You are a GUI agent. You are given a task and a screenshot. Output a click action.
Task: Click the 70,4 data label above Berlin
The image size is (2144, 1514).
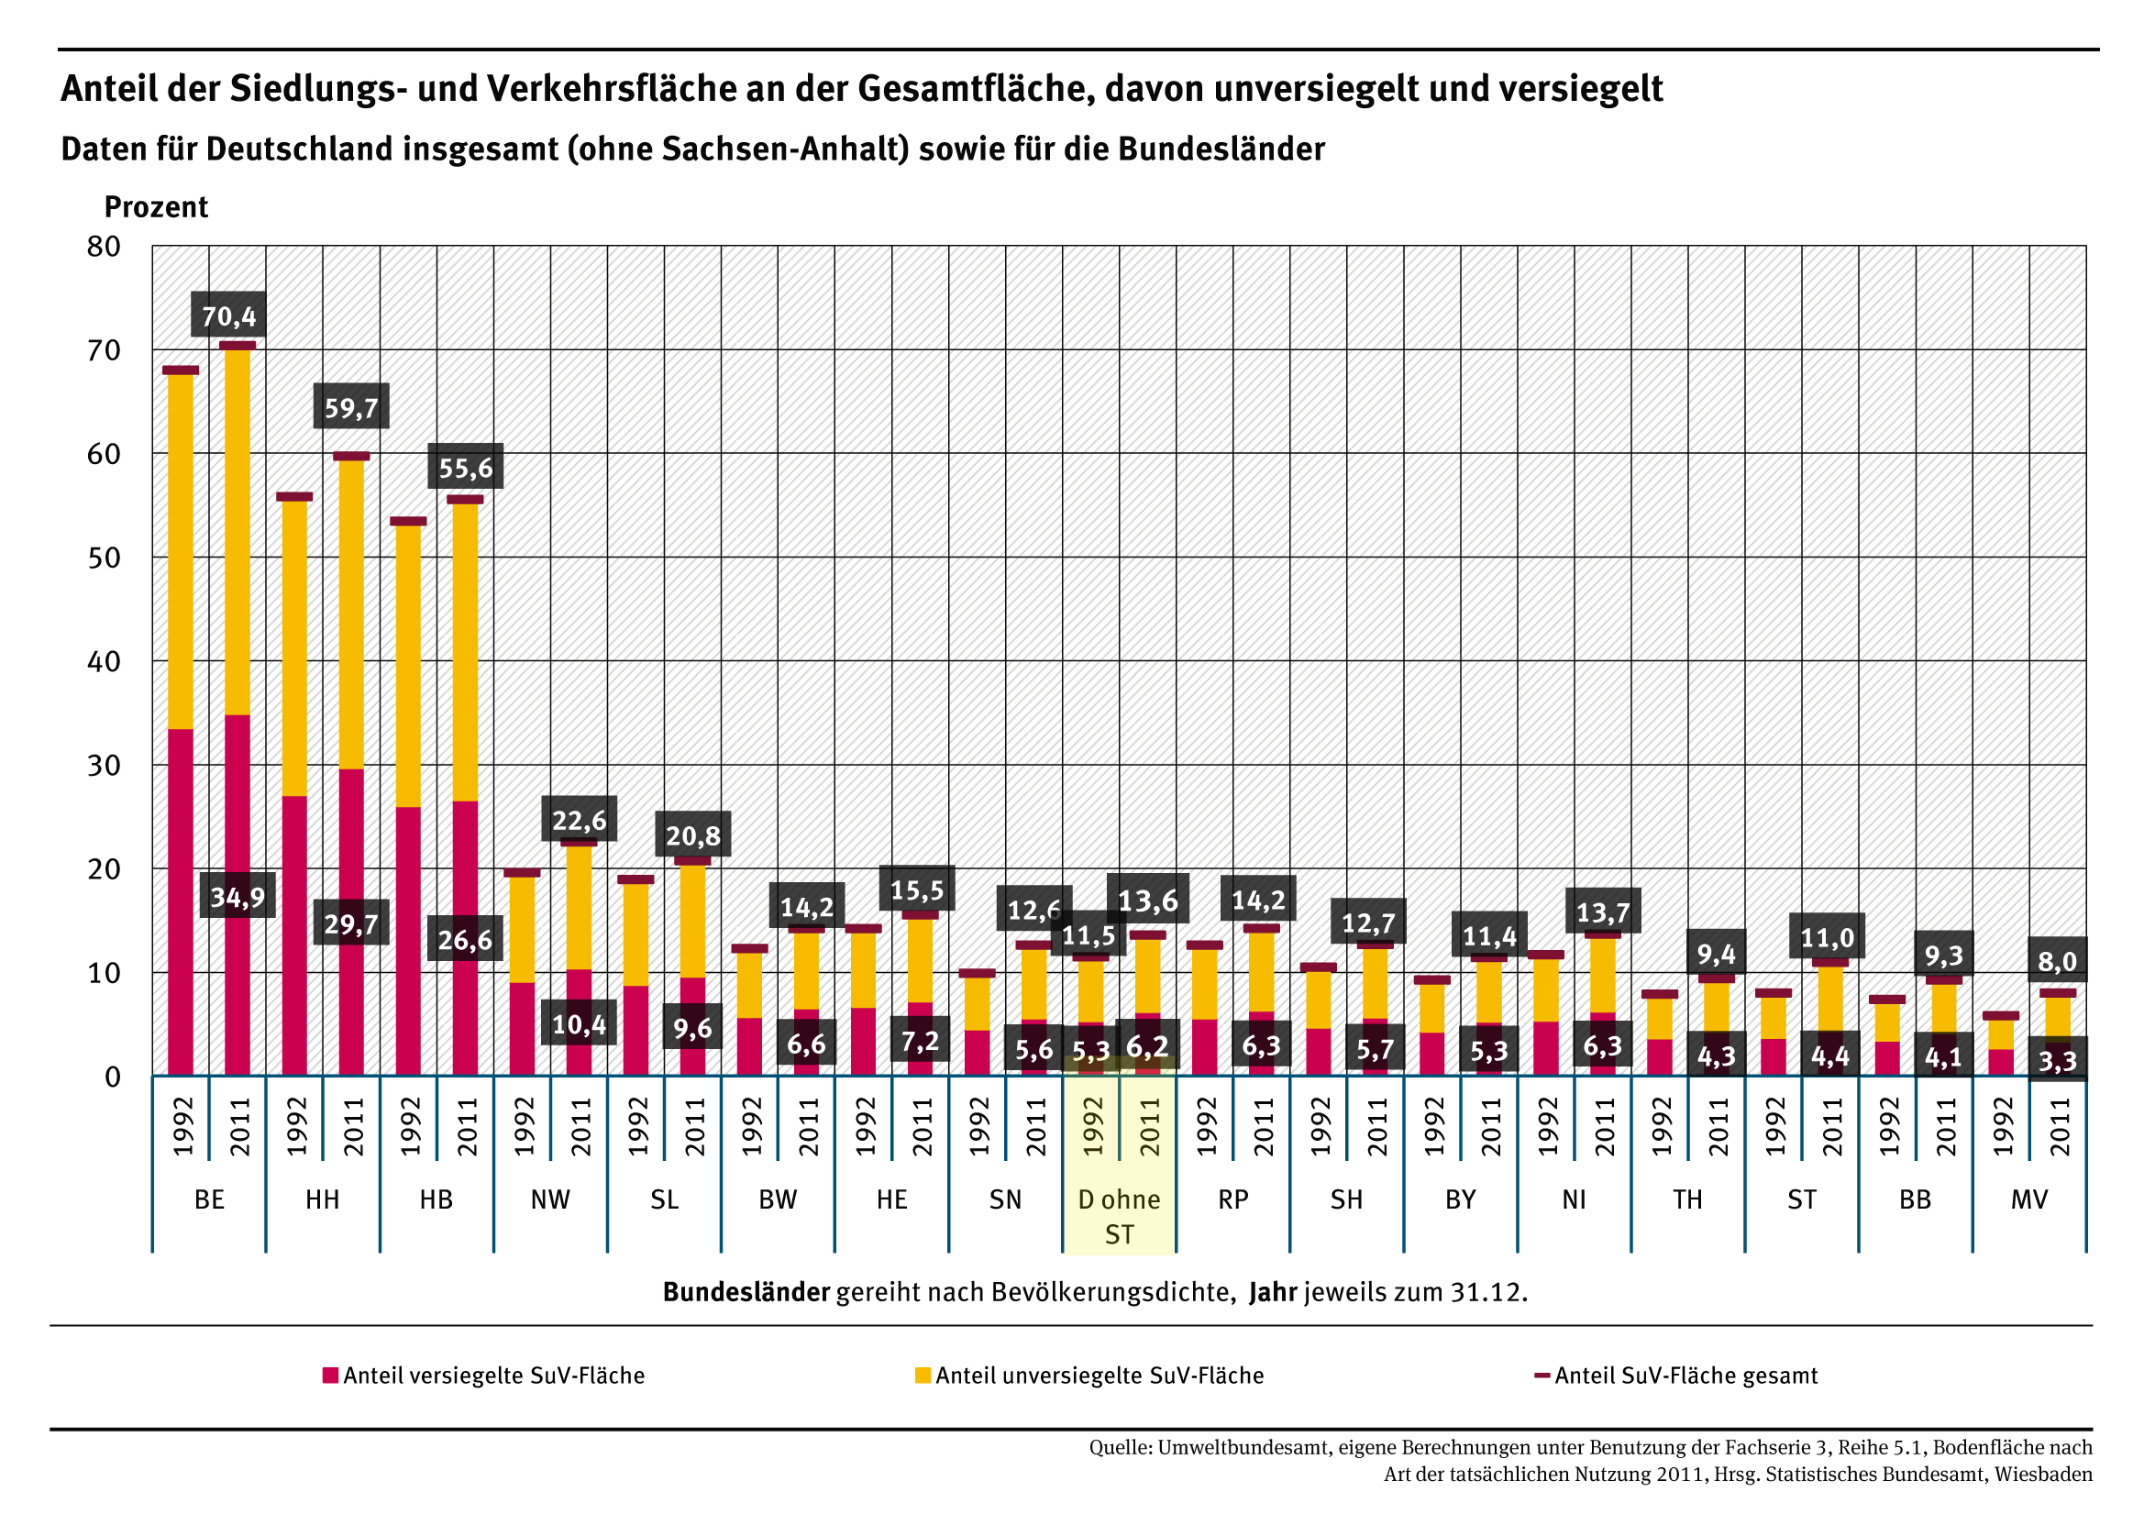tap(228, 316)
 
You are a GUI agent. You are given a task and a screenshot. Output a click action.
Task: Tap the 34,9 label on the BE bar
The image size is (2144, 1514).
tap(238, 898)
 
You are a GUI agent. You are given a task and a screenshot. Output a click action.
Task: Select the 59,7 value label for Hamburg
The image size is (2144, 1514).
tap(351, 408)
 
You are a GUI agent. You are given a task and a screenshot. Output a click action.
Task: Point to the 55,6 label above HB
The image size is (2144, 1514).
tap(465, 467)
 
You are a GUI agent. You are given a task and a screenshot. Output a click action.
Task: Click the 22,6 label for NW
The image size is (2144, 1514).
tap(579, 820)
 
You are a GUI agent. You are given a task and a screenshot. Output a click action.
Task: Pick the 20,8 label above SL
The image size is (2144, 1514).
tap(693, 835)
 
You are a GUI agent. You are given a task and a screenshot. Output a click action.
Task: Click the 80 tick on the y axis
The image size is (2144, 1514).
tap(104, 247)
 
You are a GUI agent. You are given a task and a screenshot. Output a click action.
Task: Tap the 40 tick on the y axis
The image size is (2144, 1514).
tap(104, 661)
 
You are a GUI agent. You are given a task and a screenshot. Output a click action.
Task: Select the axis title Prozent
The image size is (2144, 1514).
tap(156, 206)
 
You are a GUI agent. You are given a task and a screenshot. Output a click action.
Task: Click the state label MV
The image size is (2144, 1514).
tap(2028, 1199)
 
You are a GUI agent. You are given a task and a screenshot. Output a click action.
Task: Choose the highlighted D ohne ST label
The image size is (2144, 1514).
tap(1119, 1216)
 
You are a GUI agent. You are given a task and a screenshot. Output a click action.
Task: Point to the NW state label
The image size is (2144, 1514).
tap(550, 1199)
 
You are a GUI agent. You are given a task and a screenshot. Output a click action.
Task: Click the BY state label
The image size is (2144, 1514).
tap(1460, 1199)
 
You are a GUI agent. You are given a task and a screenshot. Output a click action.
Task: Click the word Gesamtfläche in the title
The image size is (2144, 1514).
tap(974, 89)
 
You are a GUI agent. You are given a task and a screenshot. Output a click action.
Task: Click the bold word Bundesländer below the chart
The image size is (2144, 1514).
tap(746, 1292)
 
